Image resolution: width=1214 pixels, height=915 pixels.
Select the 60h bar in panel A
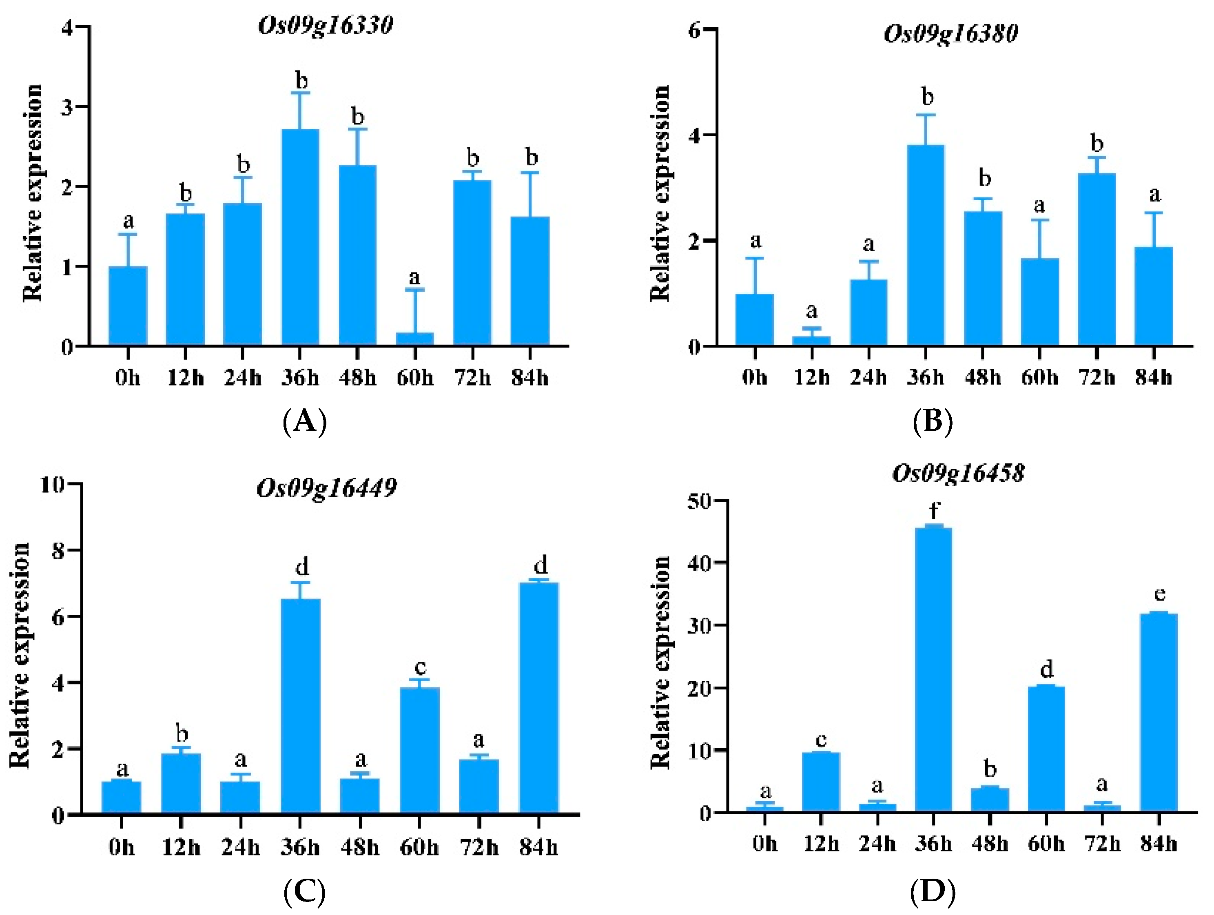[415, 339]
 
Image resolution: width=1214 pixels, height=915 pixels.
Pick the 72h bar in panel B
[1097, 259]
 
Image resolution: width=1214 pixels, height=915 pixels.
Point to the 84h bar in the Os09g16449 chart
[538, 697]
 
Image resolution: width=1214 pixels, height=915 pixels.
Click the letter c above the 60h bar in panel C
[420, 667]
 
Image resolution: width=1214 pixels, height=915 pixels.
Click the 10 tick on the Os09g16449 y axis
[52, 485]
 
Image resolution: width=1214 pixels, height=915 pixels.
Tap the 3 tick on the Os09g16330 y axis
[67, 106]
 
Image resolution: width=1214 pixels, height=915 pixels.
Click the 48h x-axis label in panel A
[357, 378]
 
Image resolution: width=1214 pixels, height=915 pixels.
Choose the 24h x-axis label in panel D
[877, 844]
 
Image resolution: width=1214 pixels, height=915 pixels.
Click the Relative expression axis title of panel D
[661, 662]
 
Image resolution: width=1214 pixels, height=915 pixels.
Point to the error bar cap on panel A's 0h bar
[128, 235]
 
